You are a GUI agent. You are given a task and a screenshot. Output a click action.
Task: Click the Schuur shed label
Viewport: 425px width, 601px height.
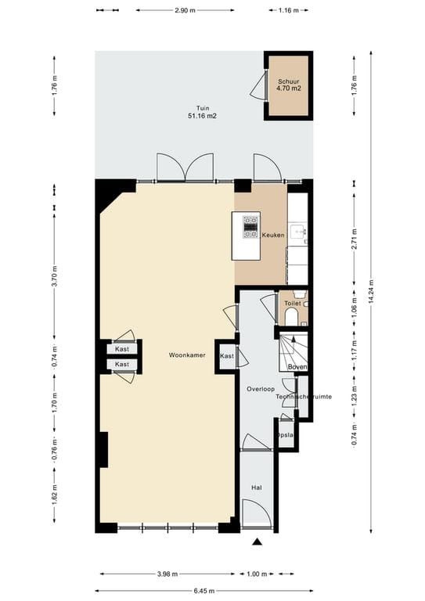(288, 85)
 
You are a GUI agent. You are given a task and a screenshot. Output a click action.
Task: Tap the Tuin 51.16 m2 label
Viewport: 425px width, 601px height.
(203, 112)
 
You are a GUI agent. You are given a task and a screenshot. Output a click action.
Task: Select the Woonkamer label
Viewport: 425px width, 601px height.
(187, 355)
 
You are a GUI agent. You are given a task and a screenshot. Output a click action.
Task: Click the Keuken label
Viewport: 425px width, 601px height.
(272, 235)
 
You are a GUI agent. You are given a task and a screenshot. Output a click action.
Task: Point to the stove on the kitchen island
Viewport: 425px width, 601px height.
(250, 227)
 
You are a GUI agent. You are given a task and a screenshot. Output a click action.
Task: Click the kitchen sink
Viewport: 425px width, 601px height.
(298, 232)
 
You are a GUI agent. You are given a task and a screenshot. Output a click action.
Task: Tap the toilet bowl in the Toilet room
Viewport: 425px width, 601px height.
(291, 315)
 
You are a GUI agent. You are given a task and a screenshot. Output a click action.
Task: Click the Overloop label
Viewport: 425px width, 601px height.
(258, 388)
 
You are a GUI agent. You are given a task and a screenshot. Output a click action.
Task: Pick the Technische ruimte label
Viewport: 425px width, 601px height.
(304, 398)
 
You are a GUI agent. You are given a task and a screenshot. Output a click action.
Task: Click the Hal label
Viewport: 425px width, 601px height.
(256, 487)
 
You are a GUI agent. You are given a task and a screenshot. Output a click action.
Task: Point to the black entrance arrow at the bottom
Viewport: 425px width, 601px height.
(256, 542)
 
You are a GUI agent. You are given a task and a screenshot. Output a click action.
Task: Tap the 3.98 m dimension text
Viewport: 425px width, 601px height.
(162, 574)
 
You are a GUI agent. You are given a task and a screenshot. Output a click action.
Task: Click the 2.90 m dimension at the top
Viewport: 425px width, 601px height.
(185, 11)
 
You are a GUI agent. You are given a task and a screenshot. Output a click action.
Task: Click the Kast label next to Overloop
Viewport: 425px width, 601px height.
(227, 356)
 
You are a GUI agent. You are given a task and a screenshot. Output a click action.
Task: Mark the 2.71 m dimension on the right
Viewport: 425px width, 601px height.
(354, 237)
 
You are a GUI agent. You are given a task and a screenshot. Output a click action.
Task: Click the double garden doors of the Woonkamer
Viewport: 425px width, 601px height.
(185, 167)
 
